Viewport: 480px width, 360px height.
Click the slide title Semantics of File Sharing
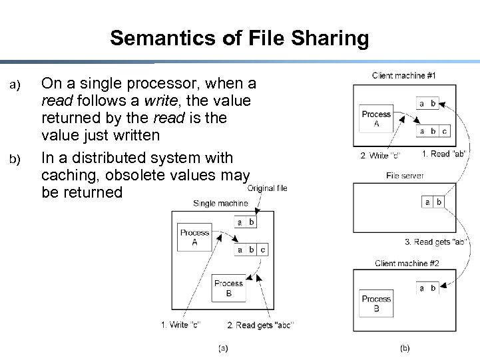[x=240, y=38]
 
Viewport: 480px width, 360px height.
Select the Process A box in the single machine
[x=194, y=238]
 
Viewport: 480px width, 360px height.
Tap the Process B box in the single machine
[x=228, y=288]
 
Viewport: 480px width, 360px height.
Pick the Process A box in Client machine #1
[x=376, y=118]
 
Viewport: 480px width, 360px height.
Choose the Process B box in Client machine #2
[x=376, y=303]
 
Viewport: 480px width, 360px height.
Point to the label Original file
[x=267, y=188]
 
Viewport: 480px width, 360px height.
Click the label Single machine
[x=220, y=203]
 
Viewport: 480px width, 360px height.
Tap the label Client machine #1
[x=404, y=76]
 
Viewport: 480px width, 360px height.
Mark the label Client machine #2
[x=407, y=264]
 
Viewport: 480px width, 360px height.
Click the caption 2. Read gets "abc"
[x=260, y=325]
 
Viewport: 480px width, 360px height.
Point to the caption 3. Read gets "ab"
[x=436, y=242]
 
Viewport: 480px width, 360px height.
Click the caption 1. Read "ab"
[x=444, y=154]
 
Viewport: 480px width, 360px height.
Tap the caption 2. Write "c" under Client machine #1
[x=380, y=156]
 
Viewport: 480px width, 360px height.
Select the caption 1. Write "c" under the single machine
[x=180, y=325]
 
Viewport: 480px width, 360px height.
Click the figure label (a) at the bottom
[x=223, y=347]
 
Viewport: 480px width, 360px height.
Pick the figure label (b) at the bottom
[x=405, y=347]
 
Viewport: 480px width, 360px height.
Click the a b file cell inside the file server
[x=433, y=202]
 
